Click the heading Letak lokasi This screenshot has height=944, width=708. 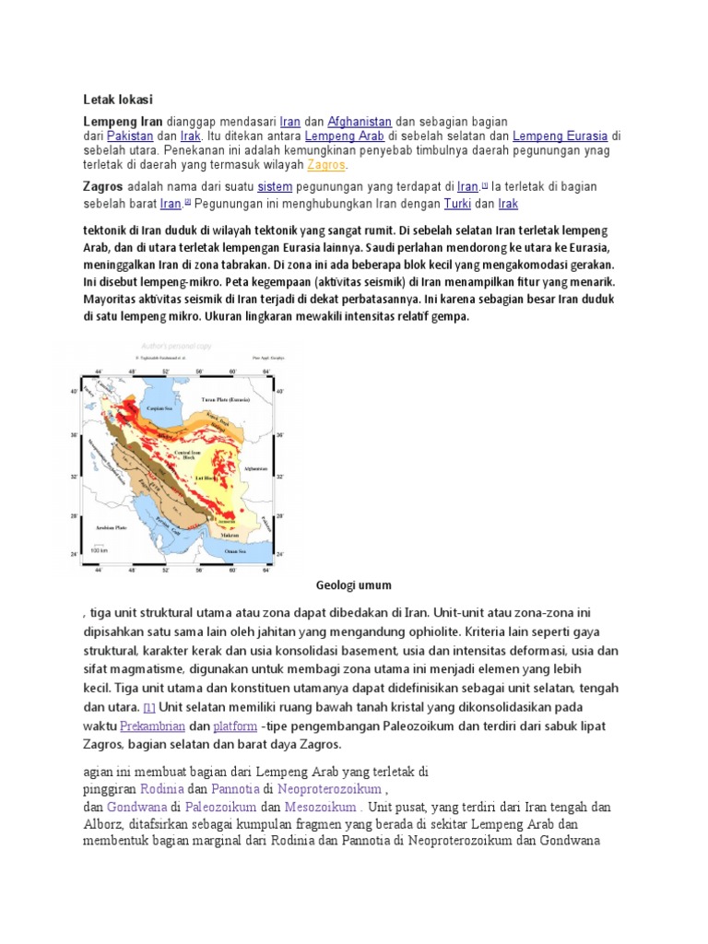(118, 100)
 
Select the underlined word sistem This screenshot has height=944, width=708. (276, 187)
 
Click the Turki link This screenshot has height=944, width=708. (457, 203)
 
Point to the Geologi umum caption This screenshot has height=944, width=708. (353, 585)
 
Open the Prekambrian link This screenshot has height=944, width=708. (152, 727)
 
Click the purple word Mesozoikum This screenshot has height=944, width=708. (320, 807)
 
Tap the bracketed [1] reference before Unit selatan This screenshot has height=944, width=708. (149, 706)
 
